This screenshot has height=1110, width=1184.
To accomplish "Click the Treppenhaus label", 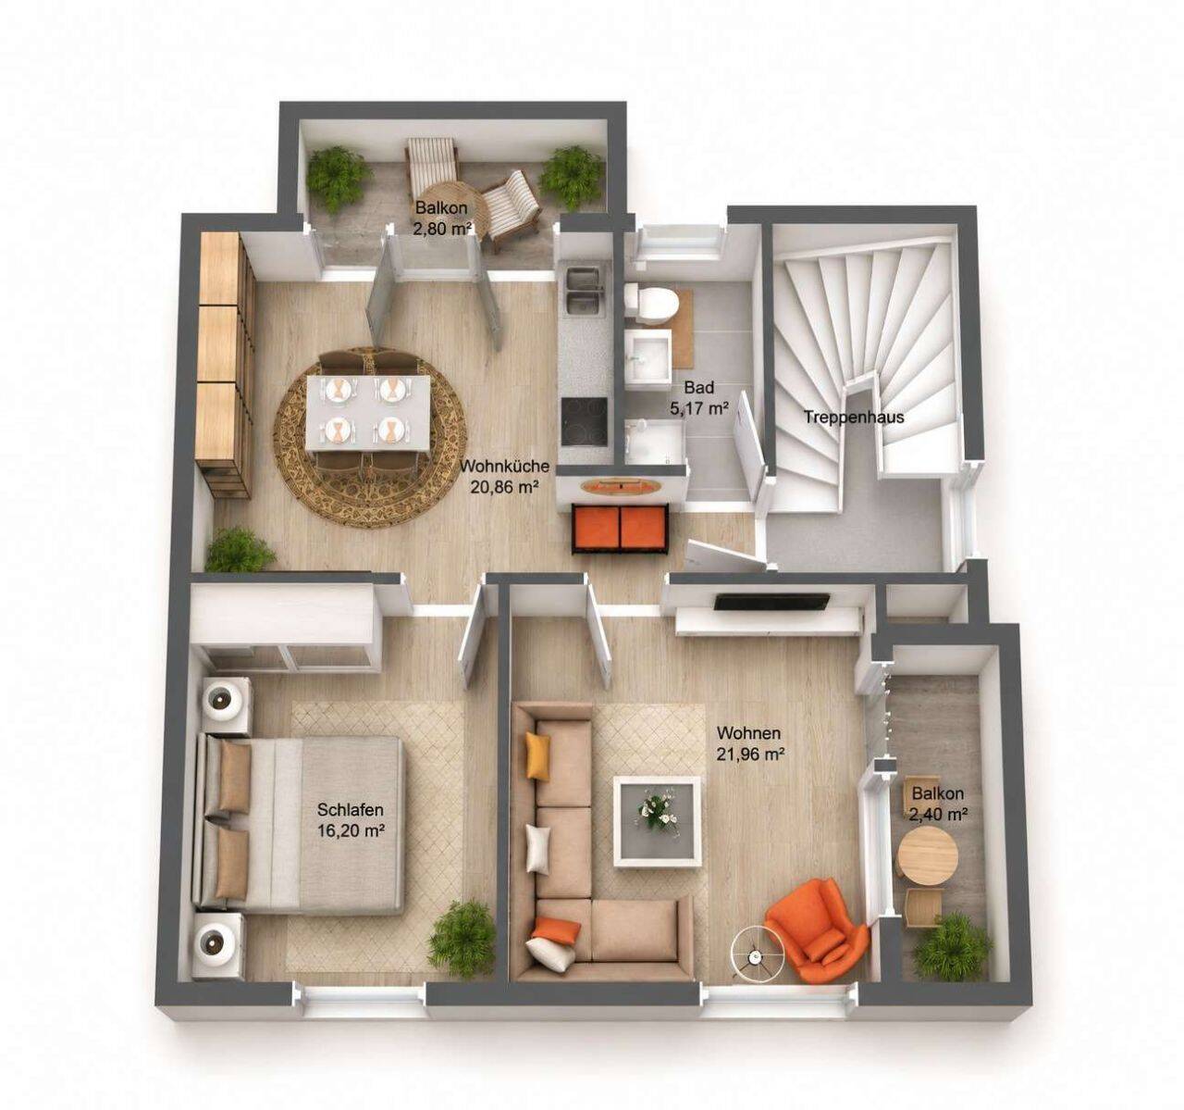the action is tap(854, 417).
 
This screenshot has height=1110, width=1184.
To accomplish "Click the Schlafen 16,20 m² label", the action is tap(350, 820).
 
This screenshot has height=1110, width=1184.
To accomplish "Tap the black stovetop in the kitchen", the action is tap(585, 420).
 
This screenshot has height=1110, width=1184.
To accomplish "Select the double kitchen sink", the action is tap(582, 292).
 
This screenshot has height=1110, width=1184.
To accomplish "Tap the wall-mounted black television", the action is tap(772, 602).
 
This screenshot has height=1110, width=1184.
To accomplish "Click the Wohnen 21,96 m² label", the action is tap(749, 742).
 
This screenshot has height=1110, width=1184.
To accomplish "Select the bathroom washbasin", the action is tap(649, 356).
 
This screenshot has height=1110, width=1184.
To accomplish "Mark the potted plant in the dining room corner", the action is tap(240, 551).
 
